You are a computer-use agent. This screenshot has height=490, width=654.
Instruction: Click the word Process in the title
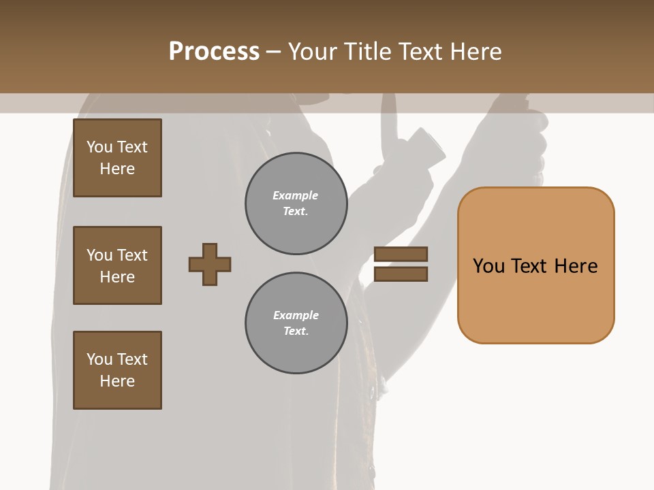(x=214, y=51)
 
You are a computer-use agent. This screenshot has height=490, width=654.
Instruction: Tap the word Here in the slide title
(x=474, y=51)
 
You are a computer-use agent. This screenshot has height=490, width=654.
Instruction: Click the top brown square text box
(x=117, y=158)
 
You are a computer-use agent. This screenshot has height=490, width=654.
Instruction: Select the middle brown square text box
(x=117, y=265)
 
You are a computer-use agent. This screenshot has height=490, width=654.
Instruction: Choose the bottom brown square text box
(x=117, y=370)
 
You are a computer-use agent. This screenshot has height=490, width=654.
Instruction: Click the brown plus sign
(x=210, y=264)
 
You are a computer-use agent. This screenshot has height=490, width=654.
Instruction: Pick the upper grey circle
(x=296, y=203)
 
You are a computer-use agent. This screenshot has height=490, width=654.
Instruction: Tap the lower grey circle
(x=296, y=323)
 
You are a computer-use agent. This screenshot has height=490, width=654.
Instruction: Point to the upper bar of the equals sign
(x=401, y=254)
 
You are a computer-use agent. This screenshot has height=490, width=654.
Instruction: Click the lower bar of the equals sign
(x=401, y=274)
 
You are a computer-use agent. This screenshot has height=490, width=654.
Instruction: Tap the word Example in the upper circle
(x=295, y=195)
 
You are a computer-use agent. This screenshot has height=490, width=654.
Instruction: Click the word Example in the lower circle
(x=296, y=315)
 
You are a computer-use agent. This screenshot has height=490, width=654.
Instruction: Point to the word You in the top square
(x=99, y=147)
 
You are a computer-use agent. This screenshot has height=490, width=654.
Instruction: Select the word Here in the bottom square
(x=117, y=381)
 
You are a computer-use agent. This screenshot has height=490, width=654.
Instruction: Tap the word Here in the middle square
(x=117, y=277)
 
